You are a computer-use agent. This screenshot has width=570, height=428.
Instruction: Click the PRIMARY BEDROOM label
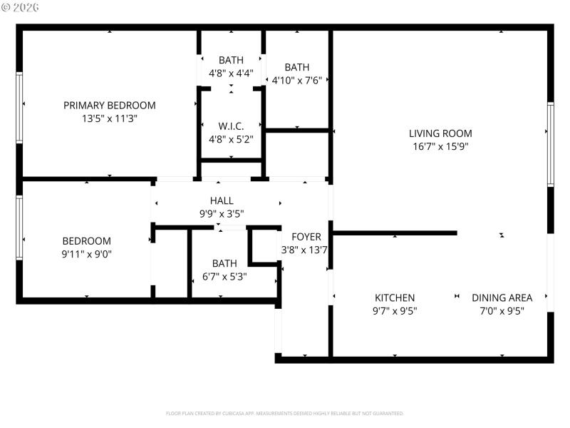(x=109, y=105)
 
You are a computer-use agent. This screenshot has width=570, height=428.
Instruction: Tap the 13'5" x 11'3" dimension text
(x=109, y=119)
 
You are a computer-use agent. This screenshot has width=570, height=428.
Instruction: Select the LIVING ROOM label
(x=440, y=133)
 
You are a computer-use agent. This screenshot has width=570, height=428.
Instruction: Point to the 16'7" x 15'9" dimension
(x=440, y=146)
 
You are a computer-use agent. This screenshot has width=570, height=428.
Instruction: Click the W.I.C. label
(x=231, y=126)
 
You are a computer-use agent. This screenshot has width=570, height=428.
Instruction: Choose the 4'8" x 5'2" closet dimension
(x=231, y=139)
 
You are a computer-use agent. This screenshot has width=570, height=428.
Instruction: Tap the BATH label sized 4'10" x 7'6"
(x=296, y=67)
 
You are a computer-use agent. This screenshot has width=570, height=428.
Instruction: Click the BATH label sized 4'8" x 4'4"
(x=231, y=60)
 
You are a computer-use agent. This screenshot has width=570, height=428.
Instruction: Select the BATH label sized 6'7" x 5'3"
(x=224, y=263)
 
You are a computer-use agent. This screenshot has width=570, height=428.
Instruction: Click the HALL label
(x=222, y=200)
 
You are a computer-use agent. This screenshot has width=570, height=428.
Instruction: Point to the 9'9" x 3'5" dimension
(x=222, y=213)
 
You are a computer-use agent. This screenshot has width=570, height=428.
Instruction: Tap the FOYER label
(x=306, y=236)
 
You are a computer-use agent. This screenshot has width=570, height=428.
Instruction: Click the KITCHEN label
(x=395, y=297)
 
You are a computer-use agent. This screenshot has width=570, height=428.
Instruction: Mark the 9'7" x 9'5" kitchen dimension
(x=395, y=311)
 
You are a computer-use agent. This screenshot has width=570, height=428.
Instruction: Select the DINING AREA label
(x=502, y=297)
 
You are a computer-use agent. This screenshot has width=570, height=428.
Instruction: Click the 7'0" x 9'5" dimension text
(x=502, y=311)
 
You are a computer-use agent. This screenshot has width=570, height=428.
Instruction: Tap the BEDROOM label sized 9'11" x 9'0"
(x=86, y=240)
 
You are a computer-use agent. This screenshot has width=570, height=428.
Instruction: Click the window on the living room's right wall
(x=550, y=144)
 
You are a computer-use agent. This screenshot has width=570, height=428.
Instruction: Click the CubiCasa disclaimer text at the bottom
(x=285, y=413)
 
